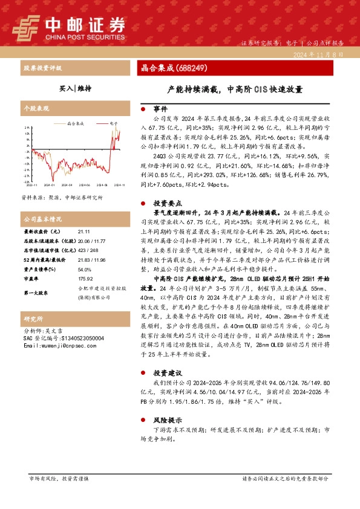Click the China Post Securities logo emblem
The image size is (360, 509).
tap(25, 27)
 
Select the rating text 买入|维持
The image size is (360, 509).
tap(75, 88)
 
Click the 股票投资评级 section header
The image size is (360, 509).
tap(42, 68)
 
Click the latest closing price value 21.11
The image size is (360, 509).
tap(85, 231)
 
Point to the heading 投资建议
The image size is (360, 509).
tap(166, 372)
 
